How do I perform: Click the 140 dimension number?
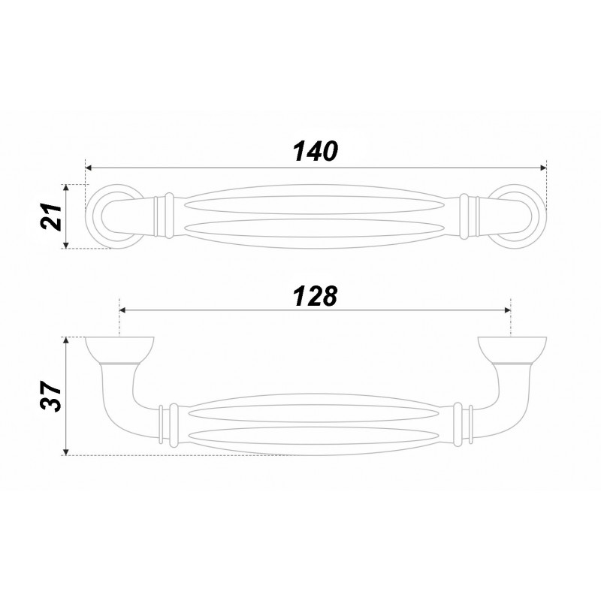[x=316, y=151]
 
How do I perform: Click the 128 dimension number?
[x=316, y=296]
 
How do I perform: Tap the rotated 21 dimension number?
[x=51, y=216]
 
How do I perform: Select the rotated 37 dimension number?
[x=51, y=397]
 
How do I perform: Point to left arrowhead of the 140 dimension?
[x=88, y=168]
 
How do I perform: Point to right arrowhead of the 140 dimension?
[x=543, y=168]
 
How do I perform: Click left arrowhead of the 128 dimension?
[x=123, y=310]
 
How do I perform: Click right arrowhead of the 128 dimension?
[x=508, y=310]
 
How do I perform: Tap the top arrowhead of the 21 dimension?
[x=66, y=188]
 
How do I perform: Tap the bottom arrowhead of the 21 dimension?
[x=66, y=245]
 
